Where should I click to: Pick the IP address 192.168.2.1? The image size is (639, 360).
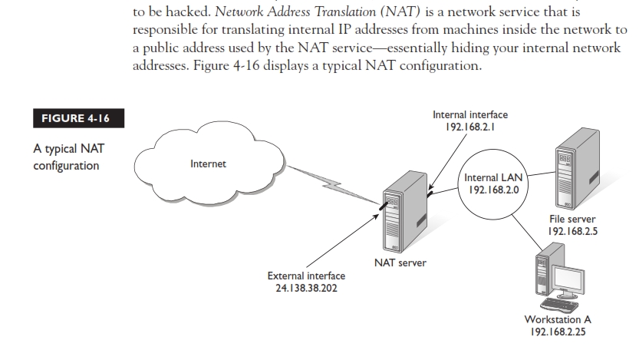click(470, 127)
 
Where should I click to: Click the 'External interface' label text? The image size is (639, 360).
click(306, 276)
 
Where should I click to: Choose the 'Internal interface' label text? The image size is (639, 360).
click(470, 114)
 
